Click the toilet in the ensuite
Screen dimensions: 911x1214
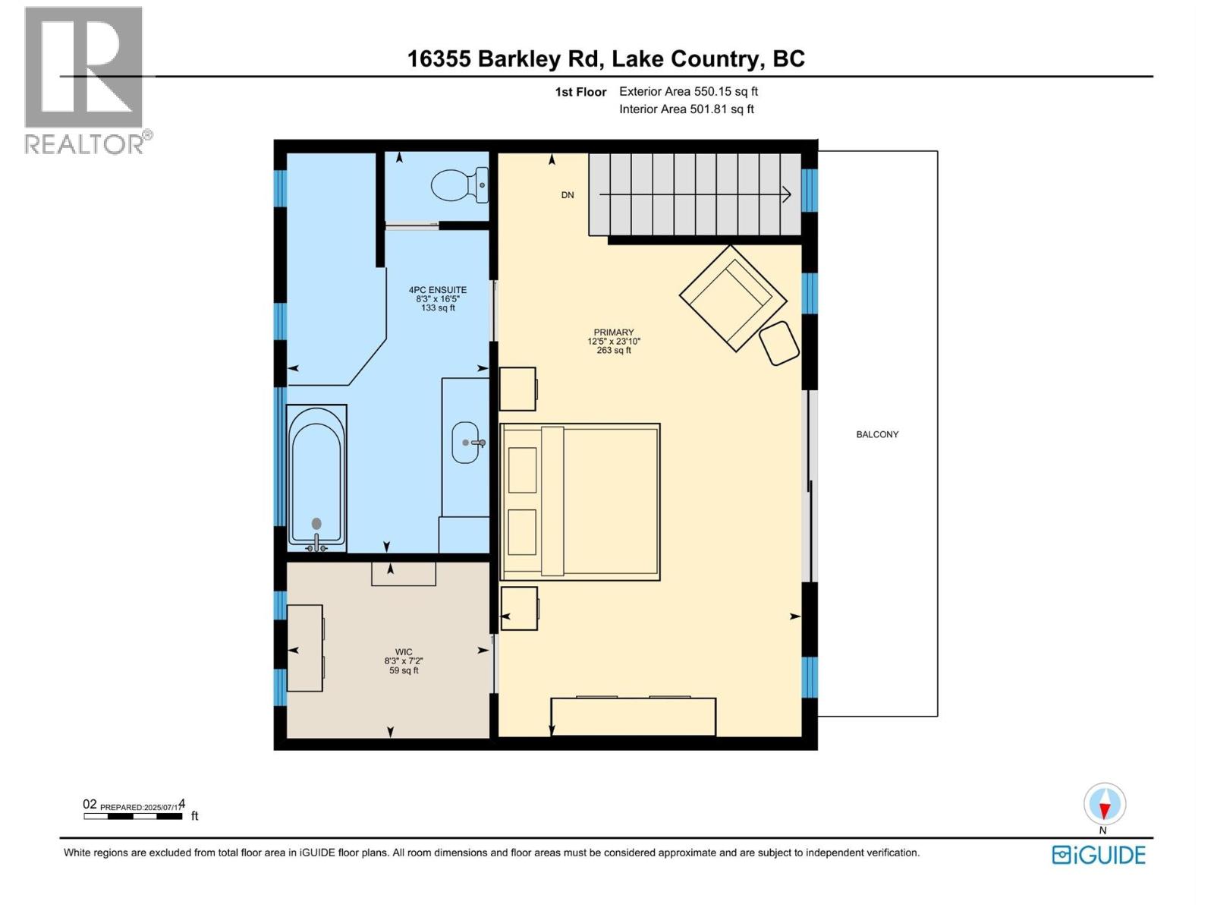click(x=458, y=185)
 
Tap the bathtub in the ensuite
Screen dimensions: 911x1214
click(x=316, y=477)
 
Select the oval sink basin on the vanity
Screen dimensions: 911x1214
click(x=466, y=442)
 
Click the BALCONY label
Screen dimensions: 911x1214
click(x=877, y=435)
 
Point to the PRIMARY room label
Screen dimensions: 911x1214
click(x=614, y=333)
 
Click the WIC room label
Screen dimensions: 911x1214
click(x=403, y=652)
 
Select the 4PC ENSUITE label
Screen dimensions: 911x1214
click(x=438, y=290)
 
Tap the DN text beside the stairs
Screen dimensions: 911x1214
click(x=568, y=195)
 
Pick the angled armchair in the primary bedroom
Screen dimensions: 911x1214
click(x=731, y=298)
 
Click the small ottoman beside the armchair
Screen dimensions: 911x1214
click(x=779, y=343)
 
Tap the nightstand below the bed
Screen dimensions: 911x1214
click(x=519, y=608)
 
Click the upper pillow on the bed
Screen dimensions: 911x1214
click(x=523, y=470)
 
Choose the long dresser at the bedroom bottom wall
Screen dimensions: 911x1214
click(x=633, y=717)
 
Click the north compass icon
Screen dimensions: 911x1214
click(x=1105, y=805)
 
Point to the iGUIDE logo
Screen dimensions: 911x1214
click(x=1099, y=855)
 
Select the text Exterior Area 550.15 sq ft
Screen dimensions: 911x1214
click(x=688, y=92)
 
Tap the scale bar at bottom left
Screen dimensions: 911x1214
click(x=134, y=816)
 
